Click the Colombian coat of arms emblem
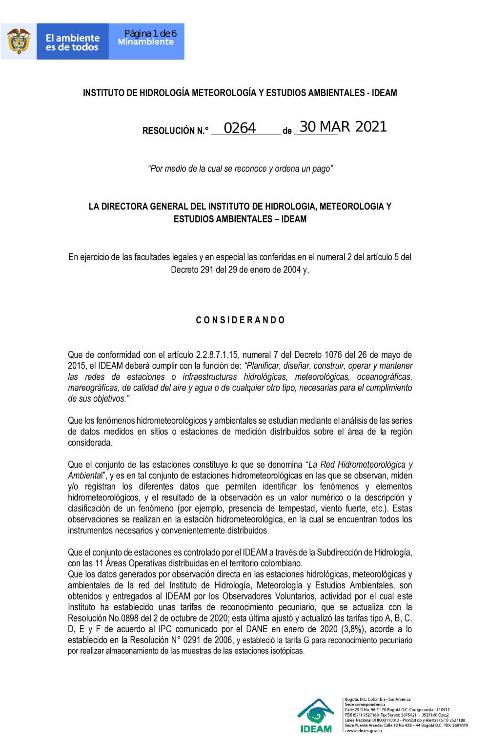[x=19, y=41]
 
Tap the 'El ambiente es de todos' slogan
[x=72, y=42]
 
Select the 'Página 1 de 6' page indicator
[x=150, y=33]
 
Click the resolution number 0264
[x=240, y=128]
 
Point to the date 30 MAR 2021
[x=343, y=127]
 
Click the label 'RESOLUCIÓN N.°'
[x=175, y=131]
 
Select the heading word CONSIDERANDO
[x=240, y=320]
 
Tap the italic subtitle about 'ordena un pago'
[x=240, y=169]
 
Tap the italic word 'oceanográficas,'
[x=384, y=377]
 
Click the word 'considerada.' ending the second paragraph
[x=90, y=443]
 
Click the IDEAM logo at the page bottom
[x=316, y=716]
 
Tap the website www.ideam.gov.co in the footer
[x=364, y=731]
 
